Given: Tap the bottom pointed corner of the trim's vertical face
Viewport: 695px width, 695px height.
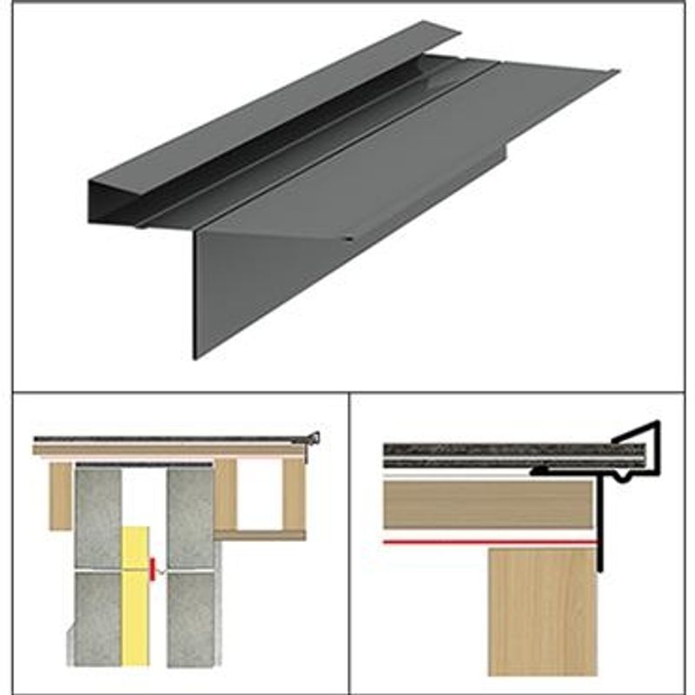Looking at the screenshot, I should (x=195, y=357).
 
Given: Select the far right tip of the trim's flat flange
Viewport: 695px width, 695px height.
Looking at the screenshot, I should (x=617, y=71).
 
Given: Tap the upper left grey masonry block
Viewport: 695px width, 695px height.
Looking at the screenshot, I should (x=98, y=516).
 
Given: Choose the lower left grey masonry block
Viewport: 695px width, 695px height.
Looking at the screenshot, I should (x=98, y=617).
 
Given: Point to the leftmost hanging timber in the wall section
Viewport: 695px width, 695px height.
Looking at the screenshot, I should (x=60, y=495).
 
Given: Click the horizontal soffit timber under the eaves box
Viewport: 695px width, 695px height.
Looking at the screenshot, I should (x=261, y=534).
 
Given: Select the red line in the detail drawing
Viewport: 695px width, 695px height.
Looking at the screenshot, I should (x=486, y=541).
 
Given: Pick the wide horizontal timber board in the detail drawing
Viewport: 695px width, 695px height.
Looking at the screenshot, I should (x=486, y=505).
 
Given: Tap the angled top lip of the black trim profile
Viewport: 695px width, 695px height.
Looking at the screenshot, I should (x=638, y=431).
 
